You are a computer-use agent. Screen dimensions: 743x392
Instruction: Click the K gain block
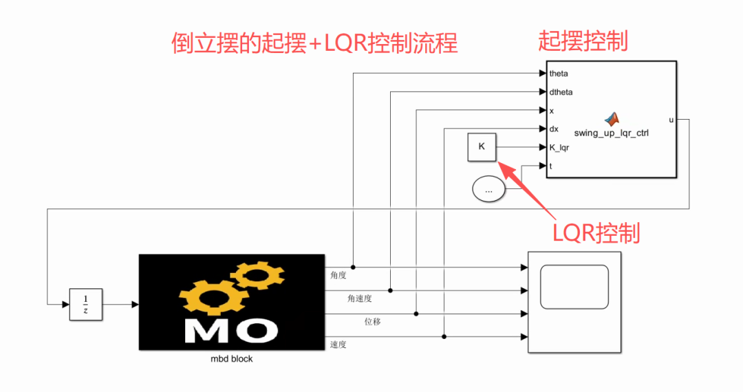coord(482,147)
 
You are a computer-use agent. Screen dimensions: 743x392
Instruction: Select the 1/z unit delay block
coord(86,305)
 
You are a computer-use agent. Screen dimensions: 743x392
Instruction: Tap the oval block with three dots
coord(488,189)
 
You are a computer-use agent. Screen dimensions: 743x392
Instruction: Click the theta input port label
coord(559,74)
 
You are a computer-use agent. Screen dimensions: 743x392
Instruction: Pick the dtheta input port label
coord(561,92)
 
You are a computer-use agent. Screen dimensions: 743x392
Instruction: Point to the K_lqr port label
coord(559,148)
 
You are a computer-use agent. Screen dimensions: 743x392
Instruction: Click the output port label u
coord(671,120)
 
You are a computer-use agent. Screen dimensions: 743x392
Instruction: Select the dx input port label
coord(554,129)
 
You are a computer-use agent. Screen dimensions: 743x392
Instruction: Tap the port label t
coord(550,166)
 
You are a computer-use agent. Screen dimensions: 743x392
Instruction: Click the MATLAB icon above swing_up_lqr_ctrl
coord(612,119)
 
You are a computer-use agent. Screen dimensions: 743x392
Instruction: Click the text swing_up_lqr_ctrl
coord(612,133)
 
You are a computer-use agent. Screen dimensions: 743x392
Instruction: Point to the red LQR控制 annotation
coord(596,233)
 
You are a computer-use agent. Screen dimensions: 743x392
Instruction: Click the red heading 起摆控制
coord(583,41)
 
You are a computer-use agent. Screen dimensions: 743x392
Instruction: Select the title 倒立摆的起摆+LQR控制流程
coord(314,43)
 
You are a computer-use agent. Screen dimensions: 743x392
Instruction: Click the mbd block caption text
coord(232,359)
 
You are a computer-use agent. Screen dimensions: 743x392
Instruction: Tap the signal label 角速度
coord(360,298)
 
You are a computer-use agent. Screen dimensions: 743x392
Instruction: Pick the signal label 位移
coord(372,321)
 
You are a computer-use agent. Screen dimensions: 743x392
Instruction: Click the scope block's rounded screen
coord(574,287)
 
